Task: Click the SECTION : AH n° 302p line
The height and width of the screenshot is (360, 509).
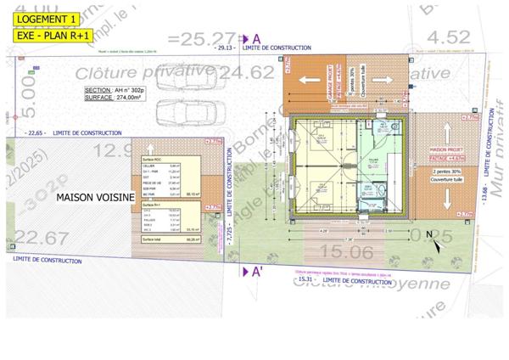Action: pos(115,90)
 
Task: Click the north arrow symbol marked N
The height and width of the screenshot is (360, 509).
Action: pos(431,236)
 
